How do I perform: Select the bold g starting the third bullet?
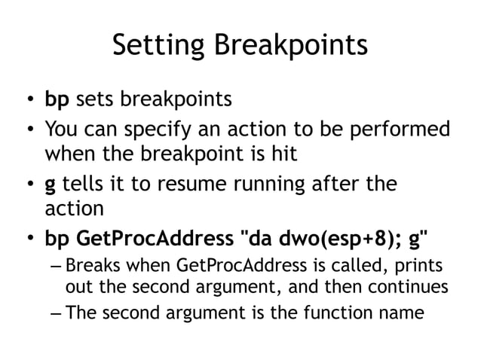click(x=51, y=186)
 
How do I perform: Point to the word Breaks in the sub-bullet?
click(x=92, y=267)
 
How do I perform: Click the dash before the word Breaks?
click(x=56, y=267)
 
